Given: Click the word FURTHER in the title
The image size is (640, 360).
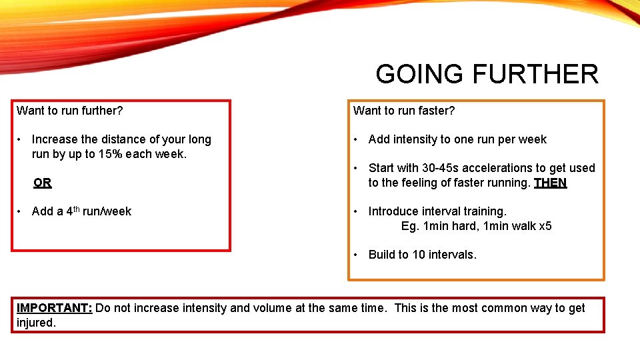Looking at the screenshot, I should pyautogui.click(x=535, y=74).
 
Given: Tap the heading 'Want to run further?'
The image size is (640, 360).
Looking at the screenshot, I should pyautogui.click(x=70, y=111).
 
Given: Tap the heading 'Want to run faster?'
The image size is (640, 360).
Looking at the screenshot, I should pyautogui.click(x=404, y=111).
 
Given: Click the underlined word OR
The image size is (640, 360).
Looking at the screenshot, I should pyautogui.click(x=43, y=183).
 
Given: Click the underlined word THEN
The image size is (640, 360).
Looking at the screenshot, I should pyautogui.click(x=550, y=183).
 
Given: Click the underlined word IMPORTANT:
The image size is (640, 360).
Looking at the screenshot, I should pyautogui.click(x=55, y=308).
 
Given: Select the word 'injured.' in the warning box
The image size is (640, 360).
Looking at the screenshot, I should pyautogui.click(x=36, y=323).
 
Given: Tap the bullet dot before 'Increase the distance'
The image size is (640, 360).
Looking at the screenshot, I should pyautogui.click(x=21, y=139).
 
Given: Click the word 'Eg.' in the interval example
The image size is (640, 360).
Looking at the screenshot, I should pyautogui.click(x=410, y=226).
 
